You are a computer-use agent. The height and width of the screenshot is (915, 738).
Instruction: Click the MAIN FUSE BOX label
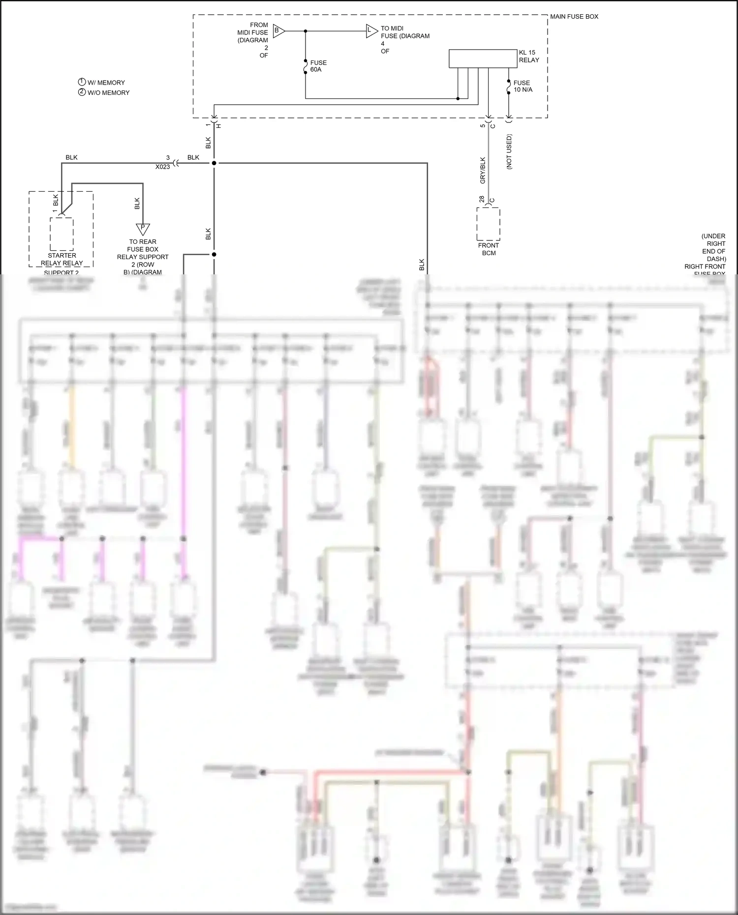(x=574, y=17)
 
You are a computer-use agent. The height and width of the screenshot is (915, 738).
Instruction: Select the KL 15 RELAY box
(x=483, y=59)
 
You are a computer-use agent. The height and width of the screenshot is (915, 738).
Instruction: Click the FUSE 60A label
(x=318, y=66)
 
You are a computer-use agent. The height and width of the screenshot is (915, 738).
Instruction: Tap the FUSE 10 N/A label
(x=523, y=86)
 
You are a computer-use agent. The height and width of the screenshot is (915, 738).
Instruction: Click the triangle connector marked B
(x=278, y=31)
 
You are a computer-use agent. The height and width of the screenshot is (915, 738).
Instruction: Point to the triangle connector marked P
(x=143, y=229)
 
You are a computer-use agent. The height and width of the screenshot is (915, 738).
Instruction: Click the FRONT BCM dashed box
(x=489, y=224)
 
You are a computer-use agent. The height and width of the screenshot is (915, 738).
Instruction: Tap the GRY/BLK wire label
(x=483, y=170)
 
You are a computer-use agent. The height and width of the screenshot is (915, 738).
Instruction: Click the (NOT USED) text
(x=509, y=151)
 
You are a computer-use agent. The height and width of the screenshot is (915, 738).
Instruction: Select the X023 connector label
(x=162, y=167)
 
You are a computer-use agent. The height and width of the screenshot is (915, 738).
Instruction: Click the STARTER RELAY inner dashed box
(x=62, y=234)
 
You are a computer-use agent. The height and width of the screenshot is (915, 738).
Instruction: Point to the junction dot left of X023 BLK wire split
(x=214, y=163)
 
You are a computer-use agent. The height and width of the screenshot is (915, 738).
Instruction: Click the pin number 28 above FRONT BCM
(x=482, y=199)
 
